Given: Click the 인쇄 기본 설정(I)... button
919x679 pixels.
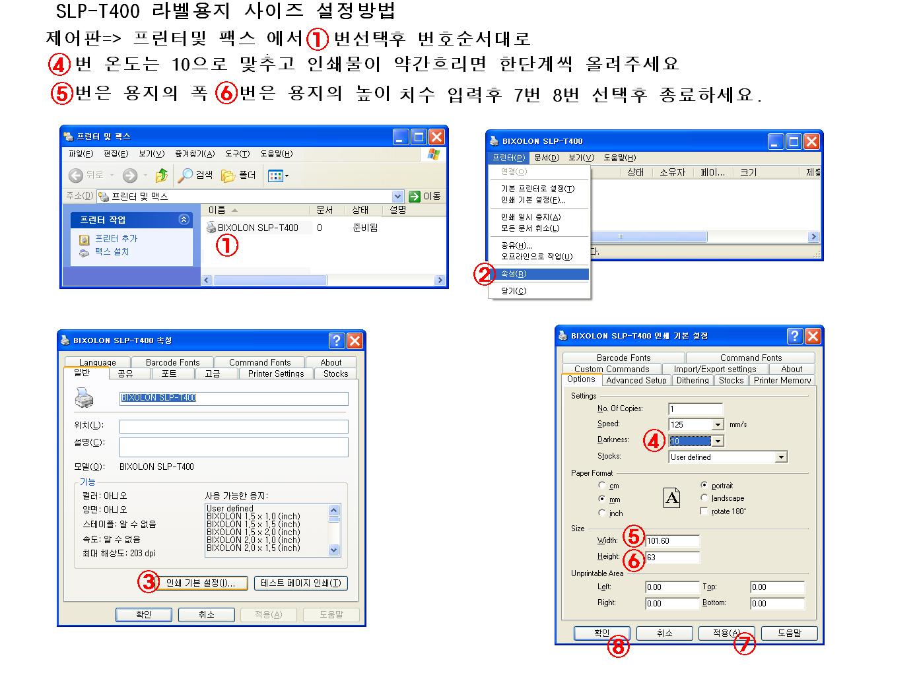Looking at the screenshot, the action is point(201,583).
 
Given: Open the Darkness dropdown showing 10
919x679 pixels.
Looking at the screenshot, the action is point(696,441).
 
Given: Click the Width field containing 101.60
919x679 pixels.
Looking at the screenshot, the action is point(672,540).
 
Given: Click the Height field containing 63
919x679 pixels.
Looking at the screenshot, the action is point(672,557).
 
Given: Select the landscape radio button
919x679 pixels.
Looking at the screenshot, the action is point(704,498).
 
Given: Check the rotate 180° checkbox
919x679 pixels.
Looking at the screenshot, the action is point(704,511).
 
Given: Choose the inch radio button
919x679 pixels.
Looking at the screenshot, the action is point(601,513).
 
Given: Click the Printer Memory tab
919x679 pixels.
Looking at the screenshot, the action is point(782,380).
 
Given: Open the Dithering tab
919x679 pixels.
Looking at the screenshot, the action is point(693,380).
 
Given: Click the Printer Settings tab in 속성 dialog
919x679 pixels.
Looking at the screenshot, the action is point(275,373).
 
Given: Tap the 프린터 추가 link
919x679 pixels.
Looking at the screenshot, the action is point(116,238).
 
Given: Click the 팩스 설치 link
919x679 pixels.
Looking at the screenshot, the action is point(112,251).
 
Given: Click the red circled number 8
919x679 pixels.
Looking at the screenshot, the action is point(618,646).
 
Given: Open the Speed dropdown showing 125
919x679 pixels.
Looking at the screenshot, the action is point(696,424).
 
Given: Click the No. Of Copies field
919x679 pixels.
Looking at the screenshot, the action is point(695,409).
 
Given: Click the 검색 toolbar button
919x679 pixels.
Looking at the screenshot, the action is point(195,175).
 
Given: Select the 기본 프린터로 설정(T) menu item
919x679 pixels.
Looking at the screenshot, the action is point(537,189).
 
